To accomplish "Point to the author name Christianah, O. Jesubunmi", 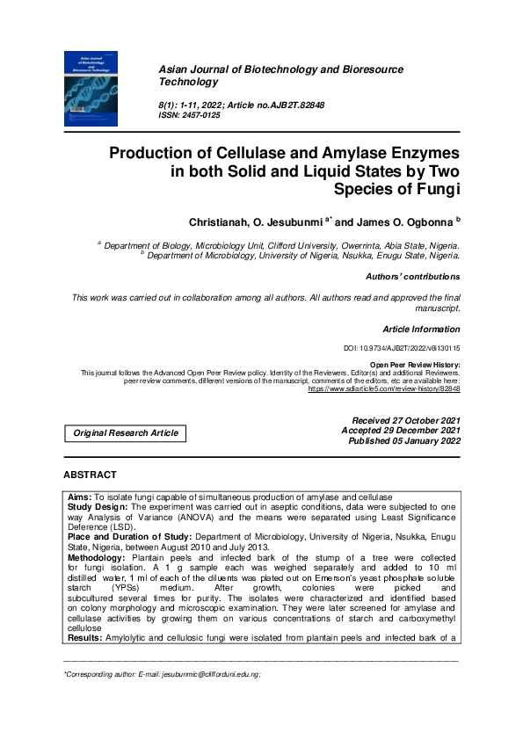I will [x=256, y=221].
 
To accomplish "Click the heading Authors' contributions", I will [x=412, y=277].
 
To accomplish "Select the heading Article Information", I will [x=421, y=330].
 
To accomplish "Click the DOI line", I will [x=401, y=349].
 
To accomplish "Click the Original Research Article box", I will [x=126, y=432].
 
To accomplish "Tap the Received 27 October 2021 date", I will [x=405, y=420].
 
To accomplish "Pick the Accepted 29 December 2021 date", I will [x=401, y=431].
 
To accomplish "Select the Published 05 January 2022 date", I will [x=404, y=442].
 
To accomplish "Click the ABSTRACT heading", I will [x=90, y=475].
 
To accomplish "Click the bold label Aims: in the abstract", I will [x=80, y=497].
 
